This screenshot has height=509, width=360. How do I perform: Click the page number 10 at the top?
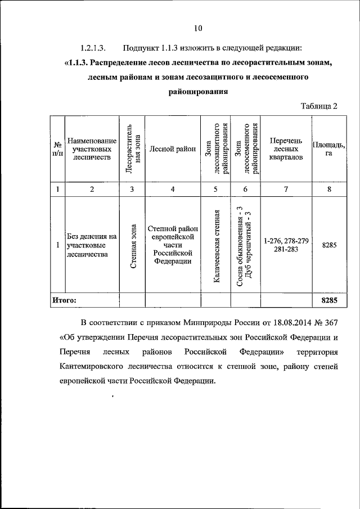tap(197, 28)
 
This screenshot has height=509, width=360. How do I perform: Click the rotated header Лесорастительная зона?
tap(132, 148)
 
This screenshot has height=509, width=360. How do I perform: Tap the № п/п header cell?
tap(57, 149)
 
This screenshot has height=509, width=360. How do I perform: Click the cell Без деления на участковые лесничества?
tap(91, 245)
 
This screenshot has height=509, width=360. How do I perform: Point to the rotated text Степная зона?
tap(132, 246)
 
